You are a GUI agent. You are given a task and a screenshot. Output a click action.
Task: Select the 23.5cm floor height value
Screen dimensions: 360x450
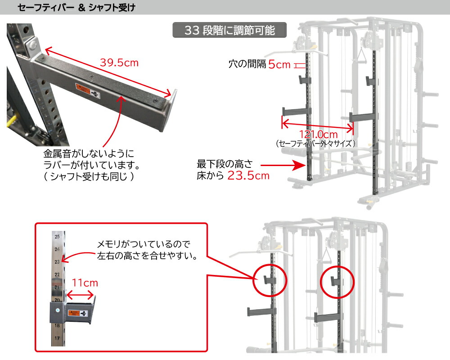coord(248,175)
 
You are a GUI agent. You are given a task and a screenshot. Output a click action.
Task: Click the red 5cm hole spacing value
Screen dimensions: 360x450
coord(279,64)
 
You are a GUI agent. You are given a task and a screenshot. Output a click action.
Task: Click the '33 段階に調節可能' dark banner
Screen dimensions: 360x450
coord(229,31)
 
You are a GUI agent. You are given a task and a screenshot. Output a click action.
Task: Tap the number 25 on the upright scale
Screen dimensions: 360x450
coord(57,236)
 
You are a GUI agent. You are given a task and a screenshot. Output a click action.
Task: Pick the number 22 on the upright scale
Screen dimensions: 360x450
coord(57,274)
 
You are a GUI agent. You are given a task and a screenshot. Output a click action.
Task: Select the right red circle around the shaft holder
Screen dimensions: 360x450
coord(337,281)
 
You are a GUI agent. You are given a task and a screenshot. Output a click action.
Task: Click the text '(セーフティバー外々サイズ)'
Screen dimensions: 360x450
coord(316,144)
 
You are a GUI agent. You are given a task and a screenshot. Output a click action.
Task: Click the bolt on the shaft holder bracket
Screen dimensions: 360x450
coord(57,310)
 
